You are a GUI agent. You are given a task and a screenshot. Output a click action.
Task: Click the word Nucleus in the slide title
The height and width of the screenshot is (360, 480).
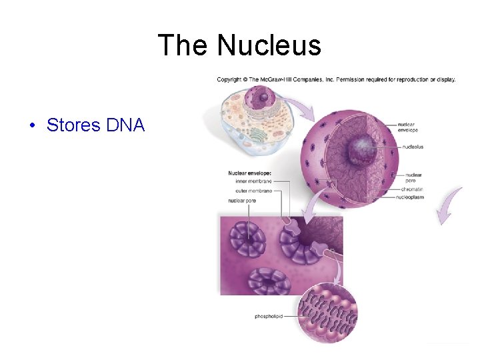269,46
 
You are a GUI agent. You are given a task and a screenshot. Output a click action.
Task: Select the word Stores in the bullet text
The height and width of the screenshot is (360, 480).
71,125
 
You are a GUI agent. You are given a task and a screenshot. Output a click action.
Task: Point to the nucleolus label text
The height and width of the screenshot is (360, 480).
413,147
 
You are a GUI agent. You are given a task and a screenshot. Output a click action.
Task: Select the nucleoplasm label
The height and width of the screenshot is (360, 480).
410,197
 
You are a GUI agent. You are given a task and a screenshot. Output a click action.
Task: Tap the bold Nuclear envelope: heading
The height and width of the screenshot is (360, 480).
249,173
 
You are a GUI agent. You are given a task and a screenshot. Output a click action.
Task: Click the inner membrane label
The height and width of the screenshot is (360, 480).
254,181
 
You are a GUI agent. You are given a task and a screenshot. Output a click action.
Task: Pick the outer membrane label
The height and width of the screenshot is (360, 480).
254,191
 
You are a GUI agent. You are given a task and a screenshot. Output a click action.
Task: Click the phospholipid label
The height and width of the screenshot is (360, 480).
270,316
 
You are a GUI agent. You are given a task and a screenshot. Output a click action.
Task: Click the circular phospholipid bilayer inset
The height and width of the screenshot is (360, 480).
328,312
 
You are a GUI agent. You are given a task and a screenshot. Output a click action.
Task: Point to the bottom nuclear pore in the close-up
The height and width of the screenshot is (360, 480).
270,282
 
